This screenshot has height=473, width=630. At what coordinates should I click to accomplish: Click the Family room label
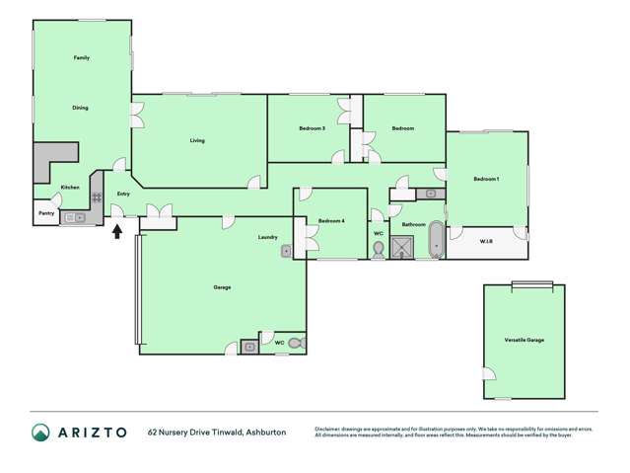point(82,58)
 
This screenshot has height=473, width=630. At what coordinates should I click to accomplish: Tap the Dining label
point(81,108)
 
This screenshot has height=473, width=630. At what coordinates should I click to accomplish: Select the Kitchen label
point(70,188)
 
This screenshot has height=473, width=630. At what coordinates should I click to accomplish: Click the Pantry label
point(45,212)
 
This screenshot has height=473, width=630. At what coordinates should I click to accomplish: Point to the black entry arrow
point(117,232)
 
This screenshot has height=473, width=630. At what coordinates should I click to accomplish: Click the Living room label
point(197,141)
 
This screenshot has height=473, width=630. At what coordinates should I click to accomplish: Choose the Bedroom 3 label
point(313,128)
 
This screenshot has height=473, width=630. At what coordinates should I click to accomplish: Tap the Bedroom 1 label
point(486,179)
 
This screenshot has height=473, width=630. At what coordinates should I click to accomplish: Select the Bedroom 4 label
point(331,220)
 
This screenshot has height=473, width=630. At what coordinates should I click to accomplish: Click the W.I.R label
point(486,241)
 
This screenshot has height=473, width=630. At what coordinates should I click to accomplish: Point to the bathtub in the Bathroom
point(437,240)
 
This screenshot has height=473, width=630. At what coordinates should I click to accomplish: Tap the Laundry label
point(267,237)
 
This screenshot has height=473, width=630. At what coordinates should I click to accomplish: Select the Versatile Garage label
point(524,340)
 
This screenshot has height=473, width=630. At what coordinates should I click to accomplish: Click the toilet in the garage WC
point(295,344)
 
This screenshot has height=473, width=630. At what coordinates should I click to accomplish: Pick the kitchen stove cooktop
point(97,197)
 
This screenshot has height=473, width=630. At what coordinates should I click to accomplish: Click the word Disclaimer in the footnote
point(329,428)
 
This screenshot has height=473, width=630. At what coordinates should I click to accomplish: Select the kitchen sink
point(73,217)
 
